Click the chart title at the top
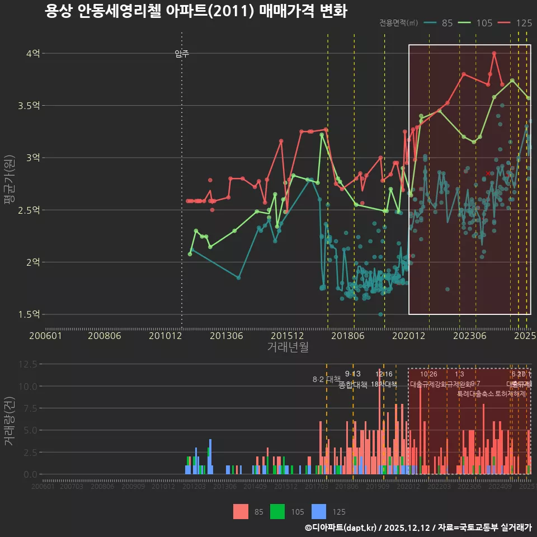pyautogui.click(x=196, y=11)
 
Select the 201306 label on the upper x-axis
pyautogui.click(x=226, y=336)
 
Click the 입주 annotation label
pyautogui.click(x=182, y=54)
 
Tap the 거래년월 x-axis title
pyautogui.click(x=288, y=347)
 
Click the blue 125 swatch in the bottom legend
pyautogui.click(x=319, y=511)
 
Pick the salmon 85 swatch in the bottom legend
pyautogui.click(x=241, y=511)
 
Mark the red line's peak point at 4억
pyautogui.click(x=494, y=54)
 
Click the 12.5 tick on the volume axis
pyautogui.click(x=27, y=364)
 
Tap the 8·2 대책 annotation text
pyautogui.click(x=326, y=379)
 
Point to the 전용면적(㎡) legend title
pyautogui.click(x=398, y=23)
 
